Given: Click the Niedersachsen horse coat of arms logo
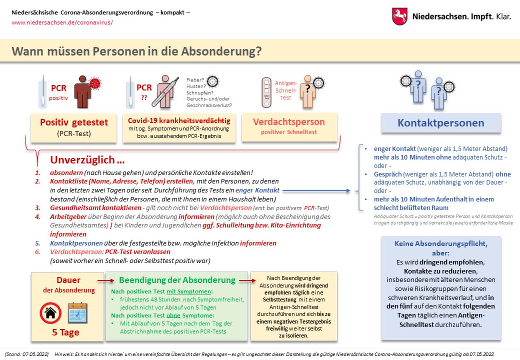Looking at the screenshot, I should tap(399, 17).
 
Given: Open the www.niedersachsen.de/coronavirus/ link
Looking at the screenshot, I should tap(62, 22).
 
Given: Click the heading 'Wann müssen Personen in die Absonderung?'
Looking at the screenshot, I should tap(136, 51).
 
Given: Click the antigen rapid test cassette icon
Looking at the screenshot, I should tap(266, 92).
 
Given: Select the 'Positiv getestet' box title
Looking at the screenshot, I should tap(74, 122).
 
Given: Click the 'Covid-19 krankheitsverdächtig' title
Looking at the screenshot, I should tap(179, 121).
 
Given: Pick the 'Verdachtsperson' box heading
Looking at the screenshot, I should tap(289, 122).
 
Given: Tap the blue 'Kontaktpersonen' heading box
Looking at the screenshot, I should tap(441, 123).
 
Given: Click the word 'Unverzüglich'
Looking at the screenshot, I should tap(83, 160).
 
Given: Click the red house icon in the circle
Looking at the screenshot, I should tap(51, 313).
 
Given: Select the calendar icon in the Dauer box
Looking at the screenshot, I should tap(77, 313).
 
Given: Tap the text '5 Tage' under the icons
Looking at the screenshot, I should tap(66, 332).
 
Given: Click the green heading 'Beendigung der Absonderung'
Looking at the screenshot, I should tap(177, 280).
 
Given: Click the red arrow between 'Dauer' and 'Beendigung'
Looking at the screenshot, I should tap(106, 280).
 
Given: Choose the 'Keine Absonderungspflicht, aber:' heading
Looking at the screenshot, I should tap(441, 248).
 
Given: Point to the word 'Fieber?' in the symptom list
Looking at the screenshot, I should tap(195, 80).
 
